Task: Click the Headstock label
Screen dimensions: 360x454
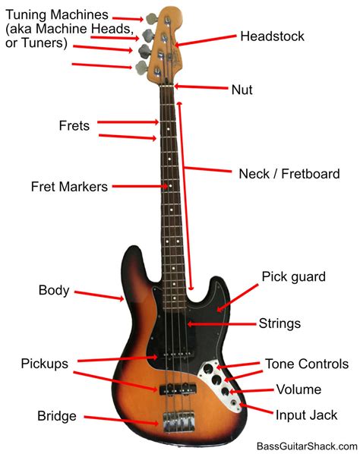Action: pyautogui.click(x=272, y=36)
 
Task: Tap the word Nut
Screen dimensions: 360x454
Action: pyautogui.click(x=242, y=90)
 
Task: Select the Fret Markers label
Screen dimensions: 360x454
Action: pyautogui.click(x=69, y=187)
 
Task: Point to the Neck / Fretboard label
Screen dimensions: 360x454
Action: pyautogui.click(x=289, y=174)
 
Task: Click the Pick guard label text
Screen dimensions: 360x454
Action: pyautogui.click(x=294, y=277)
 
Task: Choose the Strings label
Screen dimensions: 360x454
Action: pyautogui.click(x=279, y=323)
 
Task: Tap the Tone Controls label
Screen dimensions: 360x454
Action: pyautogui.click(x=307, y=364)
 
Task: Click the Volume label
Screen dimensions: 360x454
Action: pyautogui.click(x=298, y=389)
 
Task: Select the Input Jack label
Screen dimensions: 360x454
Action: pyautogui.click(x=306, y=415)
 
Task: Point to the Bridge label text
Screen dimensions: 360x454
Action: pyautogui.click(x=57, y=416)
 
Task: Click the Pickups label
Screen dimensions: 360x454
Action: pyautogui.click(x=45, y=364)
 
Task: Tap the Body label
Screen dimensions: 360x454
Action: pyautogui.click(x=54, y=291)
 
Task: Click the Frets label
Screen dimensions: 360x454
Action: pyautogui.click(x=74, y=126)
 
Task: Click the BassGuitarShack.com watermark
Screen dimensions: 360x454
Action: pyautogui.click(x=307, y=446)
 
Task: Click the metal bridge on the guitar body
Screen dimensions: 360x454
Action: pyautogui.click(x=178, y=422)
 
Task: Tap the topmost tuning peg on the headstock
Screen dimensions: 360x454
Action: pyautogui.click(x=151, y=18)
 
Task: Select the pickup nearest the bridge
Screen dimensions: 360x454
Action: pyautogui.click(x=178, y=389)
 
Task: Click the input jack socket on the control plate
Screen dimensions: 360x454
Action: pyautogui.click(x=234, y=402)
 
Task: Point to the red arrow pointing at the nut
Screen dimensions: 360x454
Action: pyautogui.click(x=201, y=87)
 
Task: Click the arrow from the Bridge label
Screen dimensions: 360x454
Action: pyautogui.click(x=122, y=421)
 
